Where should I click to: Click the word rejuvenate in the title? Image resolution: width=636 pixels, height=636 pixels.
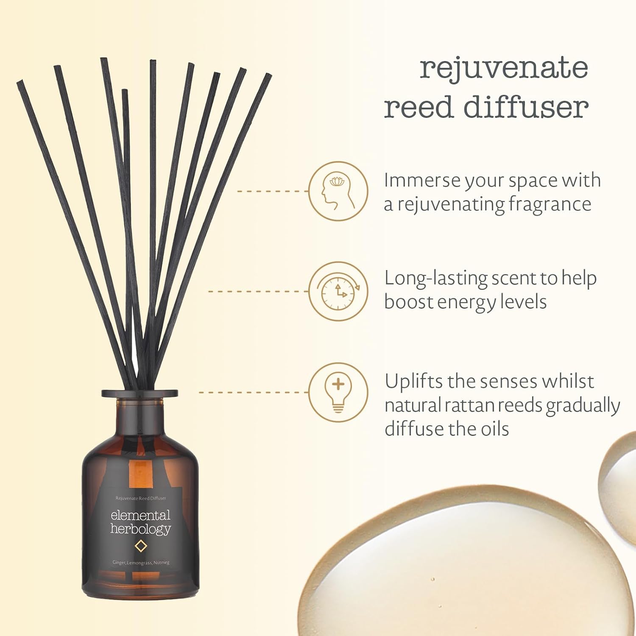(504, 68)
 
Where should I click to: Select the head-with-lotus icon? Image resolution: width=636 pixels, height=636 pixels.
(338, 191)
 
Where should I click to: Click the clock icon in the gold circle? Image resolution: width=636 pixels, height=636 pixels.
(338, 291)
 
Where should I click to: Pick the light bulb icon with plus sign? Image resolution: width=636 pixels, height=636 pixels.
(338, 392)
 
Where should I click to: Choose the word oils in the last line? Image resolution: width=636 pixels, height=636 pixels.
(495, 429)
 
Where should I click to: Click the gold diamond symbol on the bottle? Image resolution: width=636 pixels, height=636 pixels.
(140, 546)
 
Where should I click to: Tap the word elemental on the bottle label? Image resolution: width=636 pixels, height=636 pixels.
(140, 515)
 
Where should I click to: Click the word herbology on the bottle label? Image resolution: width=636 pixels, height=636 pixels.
(140, 529)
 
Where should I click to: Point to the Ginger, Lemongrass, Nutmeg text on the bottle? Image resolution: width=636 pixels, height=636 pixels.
(141, 563)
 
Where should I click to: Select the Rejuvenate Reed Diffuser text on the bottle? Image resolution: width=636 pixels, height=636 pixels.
(141, 498)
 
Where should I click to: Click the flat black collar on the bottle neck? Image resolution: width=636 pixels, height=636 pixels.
(139, 393)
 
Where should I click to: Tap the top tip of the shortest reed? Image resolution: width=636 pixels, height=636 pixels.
(125, 91)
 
